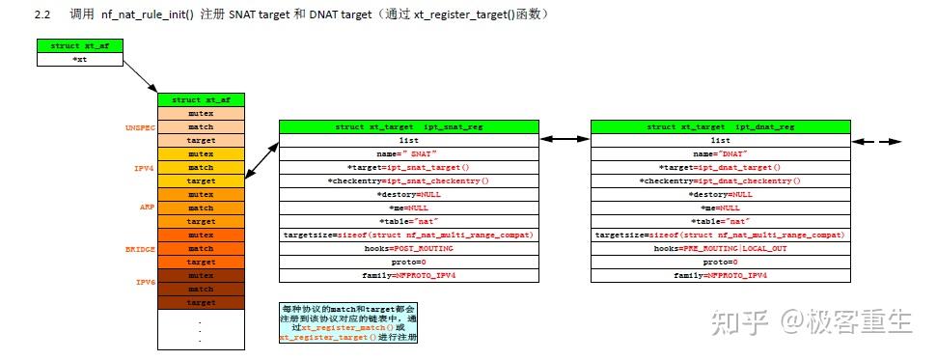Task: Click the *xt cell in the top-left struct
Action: pos(80,59)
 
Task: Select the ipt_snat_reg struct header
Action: pos(408,126)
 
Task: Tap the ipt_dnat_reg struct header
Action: pos(720,126)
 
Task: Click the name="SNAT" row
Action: pos(408,153)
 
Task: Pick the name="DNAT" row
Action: pos(720,153)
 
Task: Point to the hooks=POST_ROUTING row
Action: pos(408,248)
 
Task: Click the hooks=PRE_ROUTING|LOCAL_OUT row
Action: pos(720,248)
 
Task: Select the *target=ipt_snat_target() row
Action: pos(408,167)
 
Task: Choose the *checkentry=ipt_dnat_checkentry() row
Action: pos(720,180)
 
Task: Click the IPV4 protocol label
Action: pos(145,167)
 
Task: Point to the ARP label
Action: pos(147,208)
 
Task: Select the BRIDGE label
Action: pos(140,248)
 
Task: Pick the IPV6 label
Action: pos(145,282)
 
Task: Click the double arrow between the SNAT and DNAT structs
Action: pos(564,140)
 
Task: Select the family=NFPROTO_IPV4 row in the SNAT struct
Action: pos(408,275)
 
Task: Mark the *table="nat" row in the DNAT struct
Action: pos(720,221)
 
